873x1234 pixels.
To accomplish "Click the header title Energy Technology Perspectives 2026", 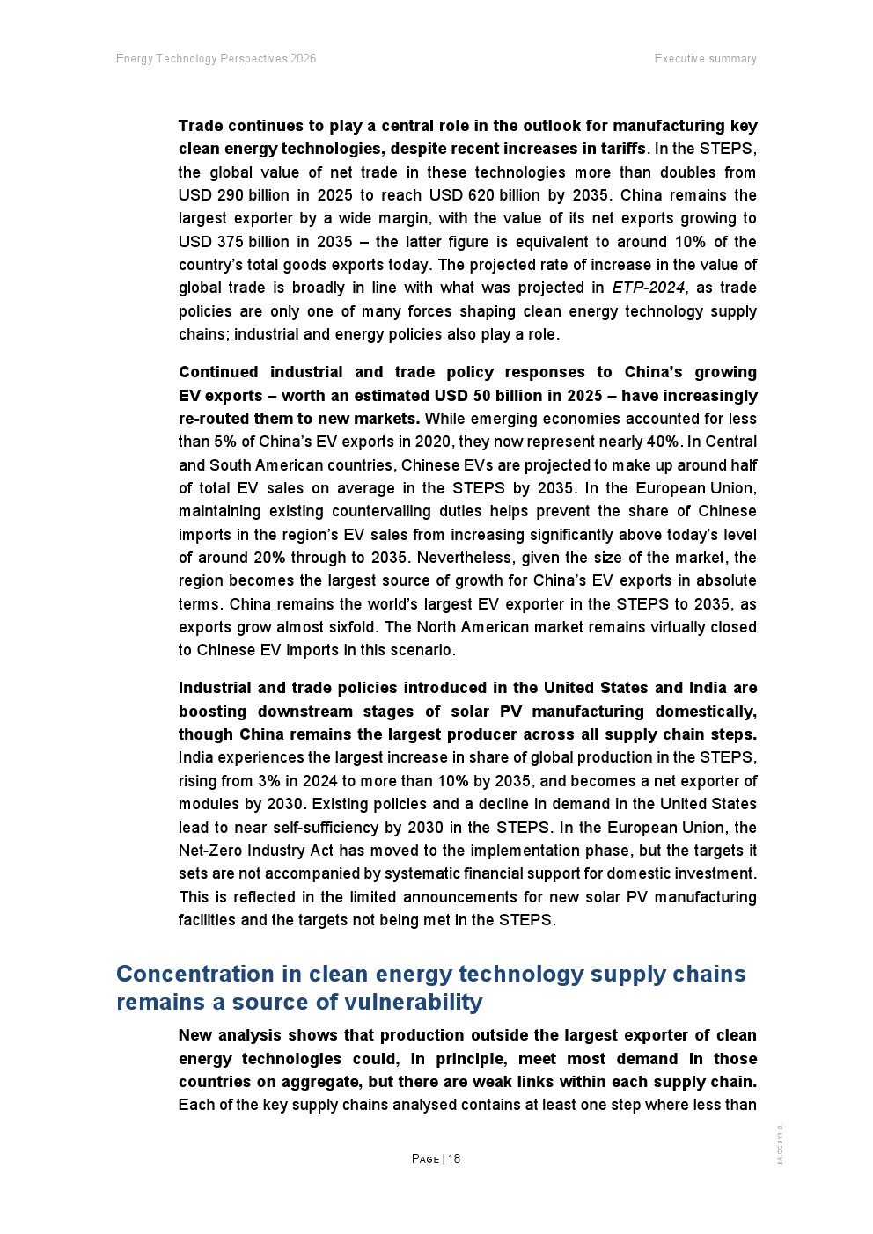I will pos(216,59).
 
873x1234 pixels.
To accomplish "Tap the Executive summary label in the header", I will pos(705,59).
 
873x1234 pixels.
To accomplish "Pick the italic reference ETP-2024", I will pos(648,288).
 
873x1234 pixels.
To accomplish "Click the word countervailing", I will pos(512,511).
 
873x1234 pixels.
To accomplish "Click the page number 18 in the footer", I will pos(454,1159).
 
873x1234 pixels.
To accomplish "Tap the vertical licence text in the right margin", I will pos(781,1145).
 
